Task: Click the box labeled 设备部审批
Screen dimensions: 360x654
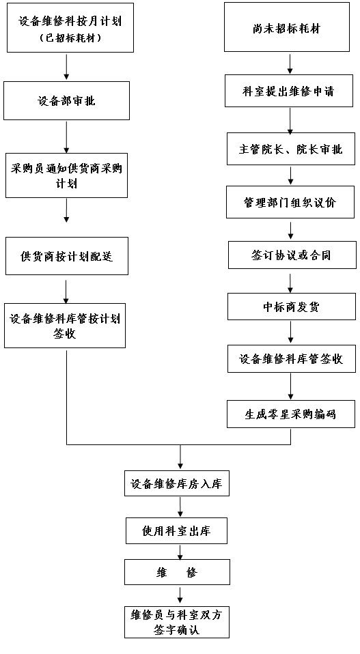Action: (66, 100)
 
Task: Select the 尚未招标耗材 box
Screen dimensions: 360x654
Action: (287, 27)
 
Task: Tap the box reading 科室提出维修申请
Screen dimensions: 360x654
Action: (289, 91)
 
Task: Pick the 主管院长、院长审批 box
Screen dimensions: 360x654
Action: (291, 149)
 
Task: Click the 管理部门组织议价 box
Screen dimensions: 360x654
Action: (290, 202)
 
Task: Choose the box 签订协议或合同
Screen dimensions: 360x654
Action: (292, 254)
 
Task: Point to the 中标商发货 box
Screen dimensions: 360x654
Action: (292, 307)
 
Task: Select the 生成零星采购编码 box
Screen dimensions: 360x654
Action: (290, 414)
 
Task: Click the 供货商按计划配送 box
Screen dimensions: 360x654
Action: (67, 256)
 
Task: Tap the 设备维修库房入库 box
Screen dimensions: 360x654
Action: (177, 483)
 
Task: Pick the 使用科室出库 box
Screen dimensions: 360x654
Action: (176, 531)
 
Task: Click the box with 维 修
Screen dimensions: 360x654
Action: (177, 572)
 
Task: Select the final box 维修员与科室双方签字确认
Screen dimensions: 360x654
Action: (177, 622)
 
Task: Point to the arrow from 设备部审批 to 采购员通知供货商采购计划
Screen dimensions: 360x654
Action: (66, 137)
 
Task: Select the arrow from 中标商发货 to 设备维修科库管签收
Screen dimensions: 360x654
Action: (291, 332)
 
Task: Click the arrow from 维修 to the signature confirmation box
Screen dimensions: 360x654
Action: (180, 595)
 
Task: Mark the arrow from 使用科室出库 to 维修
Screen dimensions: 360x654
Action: (180, 552)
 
